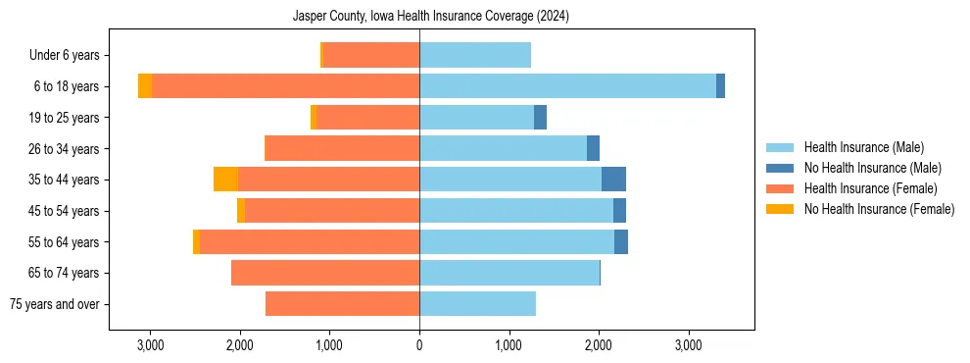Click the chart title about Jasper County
pos(431,17)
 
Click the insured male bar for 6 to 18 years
pos(567,86)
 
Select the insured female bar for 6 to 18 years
pos(285,86)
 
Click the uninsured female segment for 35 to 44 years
pos(225,180)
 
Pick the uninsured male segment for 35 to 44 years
pos(613,180)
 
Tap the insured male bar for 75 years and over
pos(477,304)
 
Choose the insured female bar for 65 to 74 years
pos(325,273)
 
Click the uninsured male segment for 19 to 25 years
pos(540,118)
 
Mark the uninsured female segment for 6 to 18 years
pos(145,86)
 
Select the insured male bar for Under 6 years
pos(475,56)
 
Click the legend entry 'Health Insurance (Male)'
pos(863,147)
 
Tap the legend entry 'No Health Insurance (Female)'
pos(879,209)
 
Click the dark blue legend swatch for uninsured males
pos(780,168)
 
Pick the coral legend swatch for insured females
pos(780,188)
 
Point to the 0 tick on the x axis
pos(419,345)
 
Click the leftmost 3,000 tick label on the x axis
pos(150,345)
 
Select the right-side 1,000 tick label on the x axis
pos(509,345)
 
